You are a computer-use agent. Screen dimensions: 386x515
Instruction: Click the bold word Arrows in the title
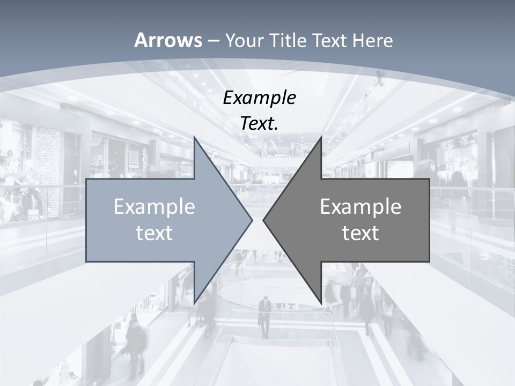coord(168,40)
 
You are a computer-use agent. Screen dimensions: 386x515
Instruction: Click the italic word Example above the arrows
coord(260,98)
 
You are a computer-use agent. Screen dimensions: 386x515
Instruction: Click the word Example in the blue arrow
coord(154,206)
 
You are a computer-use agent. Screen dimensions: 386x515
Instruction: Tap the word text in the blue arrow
coord(154,233)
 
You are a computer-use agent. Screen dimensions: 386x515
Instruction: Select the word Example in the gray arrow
coord(360,206)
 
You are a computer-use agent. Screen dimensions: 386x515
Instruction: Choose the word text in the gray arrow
coord(360,233)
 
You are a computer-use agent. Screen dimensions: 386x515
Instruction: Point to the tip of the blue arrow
coord(252,220)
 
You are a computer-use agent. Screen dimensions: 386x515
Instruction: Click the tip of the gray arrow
coord(263,220)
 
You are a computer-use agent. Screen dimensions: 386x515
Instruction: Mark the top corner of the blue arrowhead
coord(194,137)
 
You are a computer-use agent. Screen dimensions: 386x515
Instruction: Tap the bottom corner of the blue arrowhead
coord(194,303)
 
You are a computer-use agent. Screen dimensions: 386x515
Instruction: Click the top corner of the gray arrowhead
coord(321,137)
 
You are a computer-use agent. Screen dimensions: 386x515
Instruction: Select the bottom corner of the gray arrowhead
coord(321,303)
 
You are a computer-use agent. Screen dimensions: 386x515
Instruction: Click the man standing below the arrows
coord(264,316)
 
